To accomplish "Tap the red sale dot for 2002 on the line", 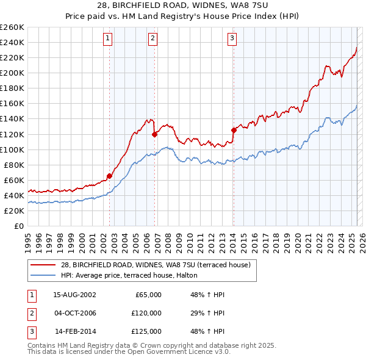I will tap(110, 176).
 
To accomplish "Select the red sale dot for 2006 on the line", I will tap(154, 134).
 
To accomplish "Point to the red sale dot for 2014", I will tap(234, 129).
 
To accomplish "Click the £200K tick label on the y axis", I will tap(12, 73).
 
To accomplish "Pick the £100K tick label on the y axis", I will tap(12, 149).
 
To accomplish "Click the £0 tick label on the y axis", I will tap(18, 226).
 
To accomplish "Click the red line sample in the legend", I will tap(43, 264).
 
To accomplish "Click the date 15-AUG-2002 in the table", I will tap(74, 295).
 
